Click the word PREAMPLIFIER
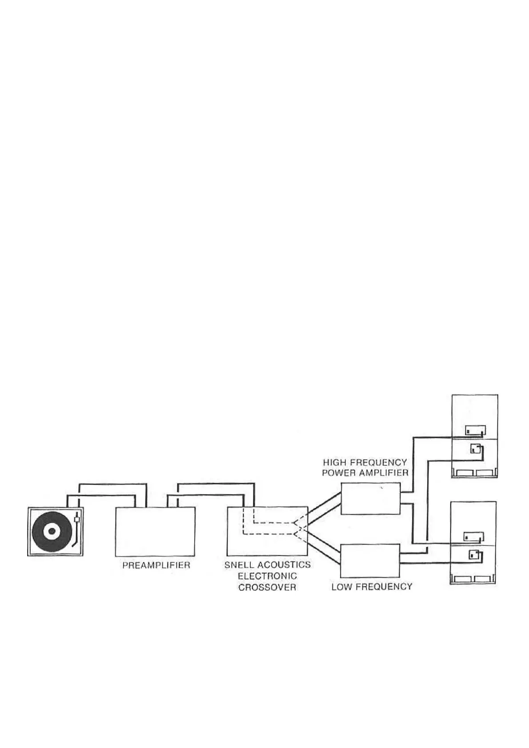pos(156,565)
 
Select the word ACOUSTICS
pos(284,565)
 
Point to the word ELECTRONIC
pos(267,576)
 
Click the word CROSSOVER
pos(267,587)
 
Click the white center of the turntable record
pos(52,531)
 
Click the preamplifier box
pos(155,531)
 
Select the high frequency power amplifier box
pos(370,499)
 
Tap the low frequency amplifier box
pos(370,561)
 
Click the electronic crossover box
pos(267,531)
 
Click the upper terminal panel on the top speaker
pos(475,430)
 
